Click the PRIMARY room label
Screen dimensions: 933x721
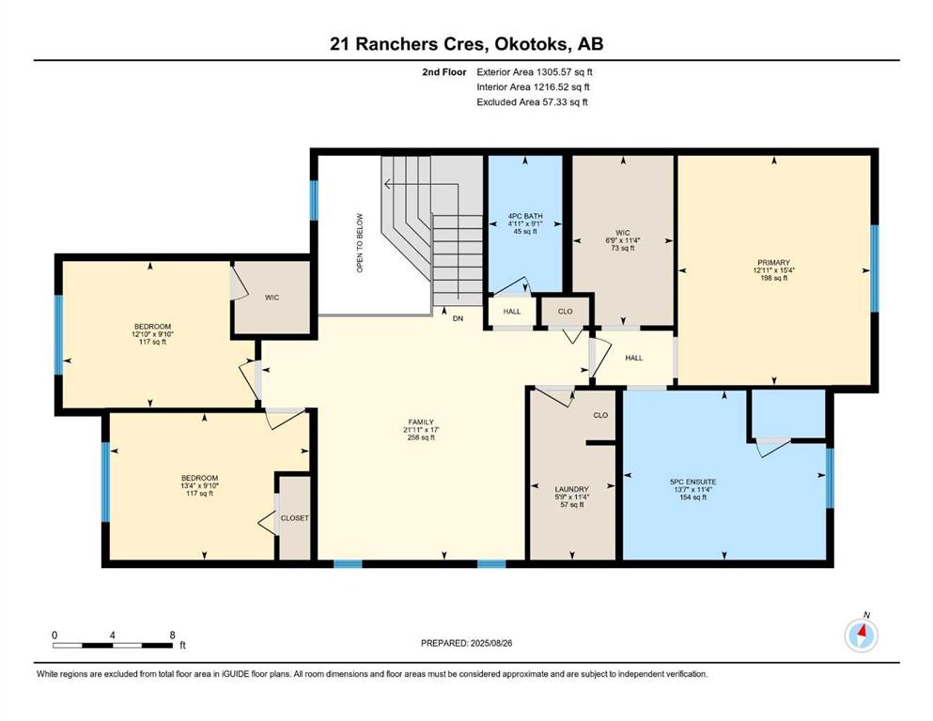click(773, 263)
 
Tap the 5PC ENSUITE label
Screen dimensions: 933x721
click(692, 482)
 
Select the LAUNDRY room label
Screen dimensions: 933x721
click(571, 489)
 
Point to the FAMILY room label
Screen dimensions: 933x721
click(421, 422)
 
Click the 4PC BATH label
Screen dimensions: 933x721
click(525, 216)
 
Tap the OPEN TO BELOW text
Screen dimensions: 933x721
click(360, 243)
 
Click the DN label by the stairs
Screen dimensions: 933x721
click(458, 318)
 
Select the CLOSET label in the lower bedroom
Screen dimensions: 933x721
click(294, 518)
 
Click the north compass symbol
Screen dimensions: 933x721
click(861, 635)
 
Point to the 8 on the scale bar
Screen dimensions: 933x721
click(173, 635)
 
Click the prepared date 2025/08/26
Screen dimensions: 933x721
click(490, 643)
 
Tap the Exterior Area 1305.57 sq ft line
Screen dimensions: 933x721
click(535, 72)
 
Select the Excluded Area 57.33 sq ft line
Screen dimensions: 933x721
click(532, 102)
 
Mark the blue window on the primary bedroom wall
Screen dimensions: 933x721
click(874, 268)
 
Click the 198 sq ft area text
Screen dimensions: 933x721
click(773, 278)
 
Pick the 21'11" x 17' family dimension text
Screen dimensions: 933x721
click(421, 430)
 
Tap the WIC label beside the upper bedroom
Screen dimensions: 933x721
click(272, 298)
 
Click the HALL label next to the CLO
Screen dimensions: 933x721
click(512, 312)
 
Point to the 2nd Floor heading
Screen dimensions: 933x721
click(443, 72)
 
